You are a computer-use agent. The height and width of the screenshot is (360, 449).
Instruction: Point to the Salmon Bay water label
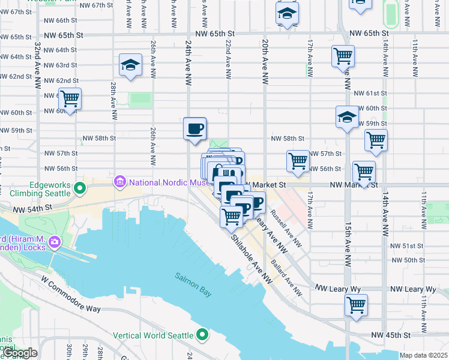tap(193, 277)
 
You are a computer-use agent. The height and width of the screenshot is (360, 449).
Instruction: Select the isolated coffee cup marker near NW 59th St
tap(194, 128)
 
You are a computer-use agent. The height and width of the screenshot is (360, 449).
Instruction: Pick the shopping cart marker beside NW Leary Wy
tap(356, 305)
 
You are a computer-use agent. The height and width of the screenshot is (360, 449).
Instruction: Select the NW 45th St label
tap(390, 334)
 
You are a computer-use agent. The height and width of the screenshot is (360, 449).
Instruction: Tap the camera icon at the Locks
tap(55, 242)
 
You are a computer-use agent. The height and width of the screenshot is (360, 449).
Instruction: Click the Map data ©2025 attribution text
tap(423, 355)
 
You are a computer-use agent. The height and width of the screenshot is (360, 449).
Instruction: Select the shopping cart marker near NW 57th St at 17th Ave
tap(298, 161)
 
